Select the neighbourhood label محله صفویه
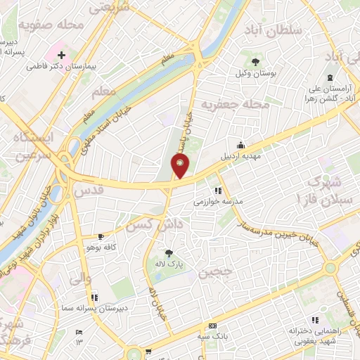(51, 26)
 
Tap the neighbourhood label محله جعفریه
(236, 105)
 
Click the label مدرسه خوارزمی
(218, 201)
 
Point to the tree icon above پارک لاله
(168, 253)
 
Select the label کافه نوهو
(100, 247)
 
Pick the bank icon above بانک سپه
(213, 326)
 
